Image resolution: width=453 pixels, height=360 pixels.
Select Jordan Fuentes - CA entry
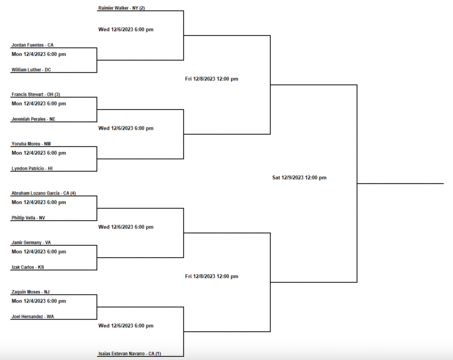[33, 45]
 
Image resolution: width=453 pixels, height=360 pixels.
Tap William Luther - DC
[31, 70]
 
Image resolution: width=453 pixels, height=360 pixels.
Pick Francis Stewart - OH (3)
[36, 94]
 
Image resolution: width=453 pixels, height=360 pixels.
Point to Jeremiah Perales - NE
[34, 119]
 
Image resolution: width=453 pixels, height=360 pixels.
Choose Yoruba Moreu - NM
[31, 144]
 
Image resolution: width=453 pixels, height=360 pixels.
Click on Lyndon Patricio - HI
[32, 169]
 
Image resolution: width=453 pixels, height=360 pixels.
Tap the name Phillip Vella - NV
[28, 218]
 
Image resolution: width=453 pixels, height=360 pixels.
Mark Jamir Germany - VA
[31, 243]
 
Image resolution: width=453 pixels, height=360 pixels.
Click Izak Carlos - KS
[28, 267]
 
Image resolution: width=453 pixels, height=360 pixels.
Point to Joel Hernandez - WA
[32, 317]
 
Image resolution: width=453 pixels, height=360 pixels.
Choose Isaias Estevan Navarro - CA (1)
[130, 354]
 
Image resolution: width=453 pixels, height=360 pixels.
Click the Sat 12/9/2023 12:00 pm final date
[299, 178]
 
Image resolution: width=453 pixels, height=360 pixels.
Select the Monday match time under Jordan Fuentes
[39, 54]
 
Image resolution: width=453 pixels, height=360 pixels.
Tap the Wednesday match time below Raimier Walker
[126, 30]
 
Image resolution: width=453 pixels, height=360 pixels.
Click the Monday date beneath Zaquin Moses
[39, 301]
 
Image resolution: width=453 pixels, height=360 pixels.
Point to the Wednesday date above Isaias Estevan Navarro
[126, 326]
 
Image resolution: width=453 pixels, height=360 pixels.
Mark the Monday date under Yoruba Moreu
[39, 153]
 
